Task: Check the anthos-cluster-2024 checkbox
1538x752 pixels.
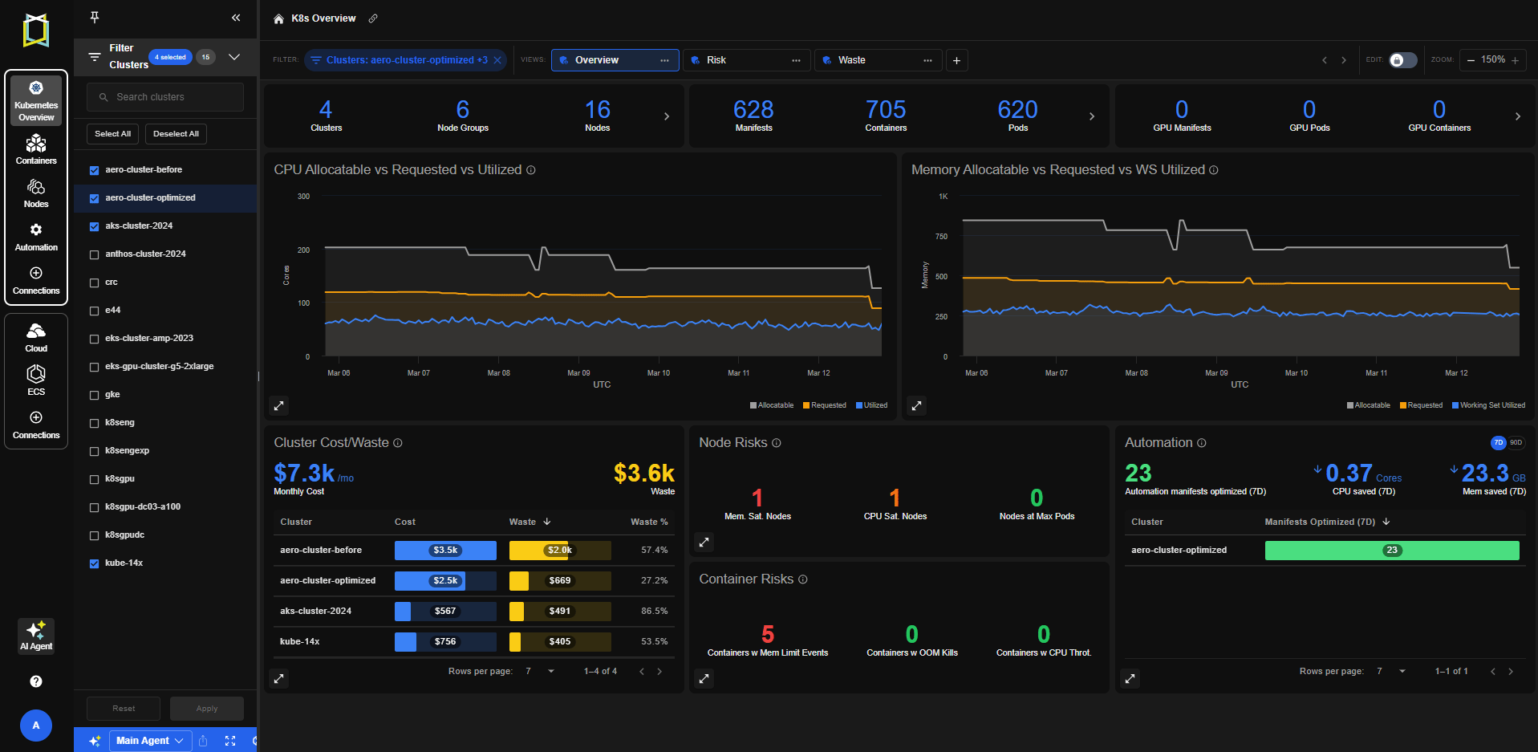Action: [94, 254]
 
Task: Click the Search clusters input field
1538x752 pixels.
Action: [165, 97]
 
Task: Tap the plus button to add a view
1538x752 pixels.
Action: [956, 60]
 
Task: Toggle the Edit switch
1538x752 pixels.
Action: [1402, 60]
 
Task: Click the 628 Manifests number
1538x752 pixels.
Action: [753, 109]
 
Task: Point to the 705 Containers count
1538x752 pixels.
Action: [886, 109]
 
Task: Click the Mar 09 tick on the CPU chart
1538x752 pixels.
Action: [578, 373]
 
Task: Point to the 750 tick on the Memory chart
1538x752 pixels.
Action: [941, 237]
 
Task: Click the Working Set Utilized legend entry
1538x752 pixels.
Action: [1488, 405]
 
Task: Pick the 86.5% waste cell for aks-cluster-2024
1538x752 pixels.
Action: [655, 612]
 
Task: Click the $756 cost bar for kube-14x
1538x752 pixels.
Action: [445, 642]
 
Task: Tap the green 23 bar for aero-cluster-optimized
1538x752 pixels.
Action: [1392, 551]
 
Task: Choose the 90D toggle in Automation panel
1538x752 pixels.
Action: [1516, 443]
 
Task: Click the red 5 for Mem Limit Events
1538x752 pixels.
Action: [768, 635]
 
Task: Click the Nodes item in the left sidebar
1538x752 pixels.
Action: [36, 193]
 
